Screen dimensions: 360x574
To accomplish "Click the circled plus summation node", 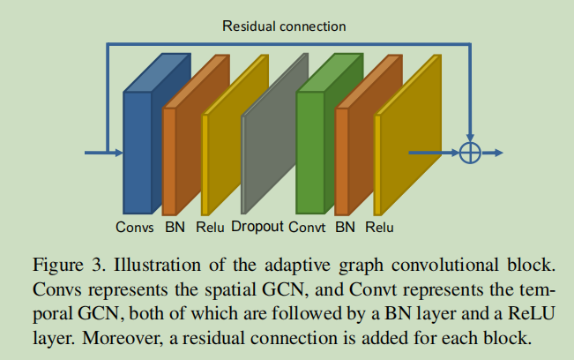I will [x=471, y=153].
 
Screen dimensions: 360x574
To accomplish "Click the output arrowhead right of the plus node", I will [x=497, y=153].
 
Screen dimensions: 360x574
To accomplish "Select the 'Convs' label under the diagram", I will [x=135, y=228].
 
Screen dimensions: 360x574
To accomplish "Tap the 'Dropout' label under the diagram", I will [x=257, y=227].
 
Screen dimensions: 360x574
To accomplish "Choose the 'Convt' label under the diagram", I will [x=308, y=228].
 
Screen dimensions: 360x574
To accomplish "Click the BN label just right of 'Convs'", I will [x=174, y=228].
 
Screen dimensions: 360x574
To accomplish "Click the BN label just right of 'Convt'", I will [x=346, y=228].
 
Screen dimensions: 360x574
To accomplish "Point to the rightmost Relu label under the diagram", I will [x=379, y=228].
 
